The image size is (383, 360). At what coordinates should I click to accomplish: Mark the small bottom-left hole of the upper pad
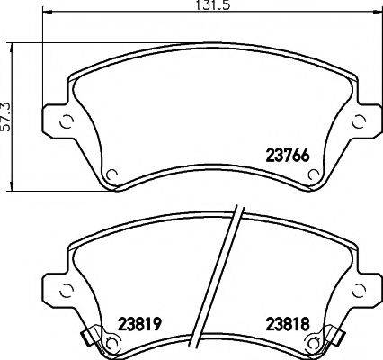point(111,175)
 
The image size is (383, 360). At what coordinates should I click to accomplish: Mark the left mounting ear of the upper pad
point(59,120)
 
